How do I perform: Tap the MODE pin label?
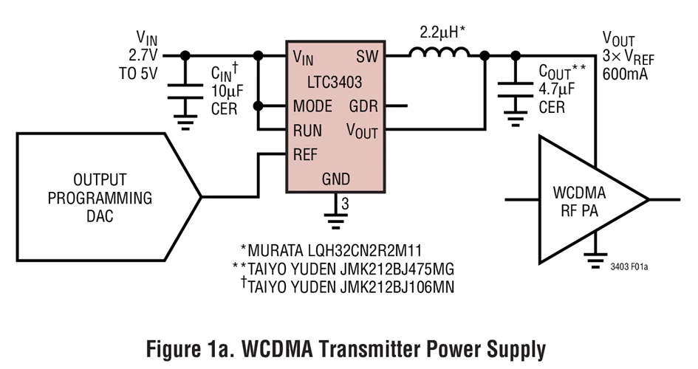pos(312,106)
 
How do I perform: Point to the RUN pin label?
pos(307,131)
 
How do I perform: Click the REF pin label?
pos(306,154)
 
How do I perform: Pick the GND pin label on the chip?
pos(336,179)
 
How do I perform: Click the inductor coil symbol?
pos(439,53)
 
